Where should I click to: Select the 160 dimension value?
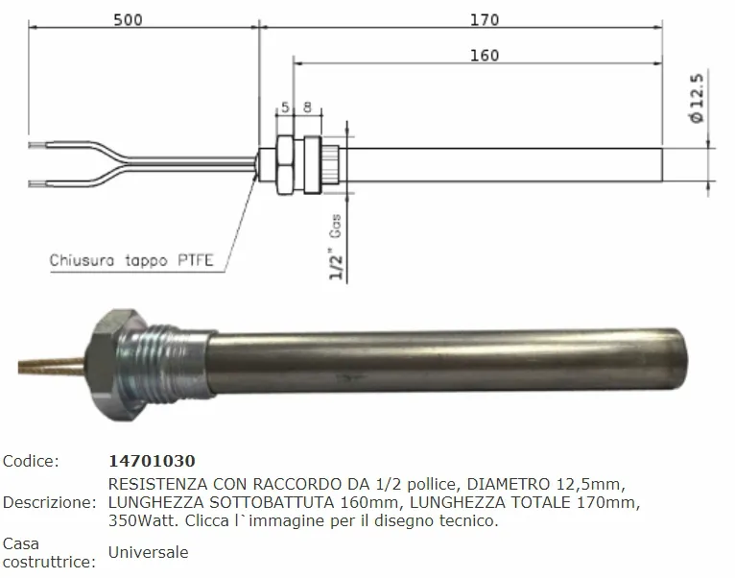click(485, 56)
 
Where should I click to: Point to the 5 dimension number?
click(285, 108)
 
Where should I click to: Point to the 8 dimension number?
click(306, 108)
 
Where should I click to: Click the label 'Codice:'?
click(31, 462)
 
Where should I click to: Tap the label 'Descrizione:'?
click(48, 502)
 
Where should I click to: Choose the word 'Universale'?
click(149, 552)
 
